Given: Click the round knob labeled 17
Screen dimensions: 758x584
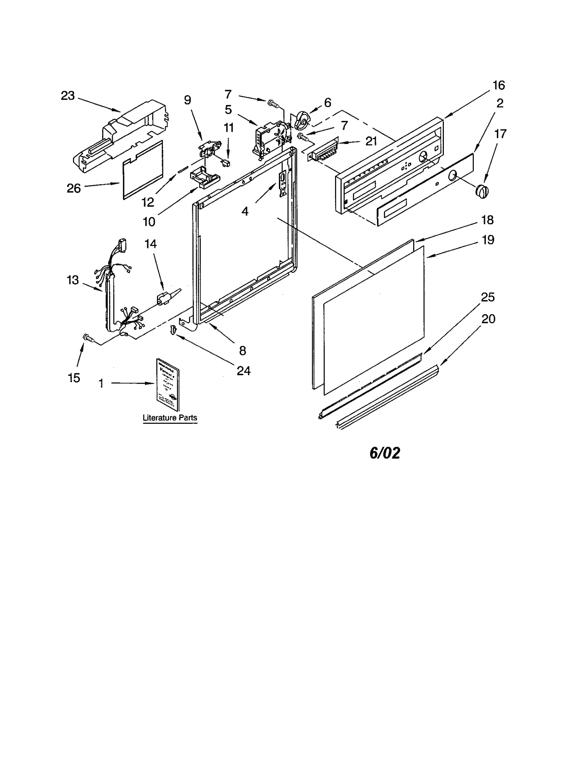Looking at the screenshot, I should click(482, 191).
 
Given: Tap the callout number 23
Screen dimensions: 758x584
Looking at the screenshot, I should click(68, 96).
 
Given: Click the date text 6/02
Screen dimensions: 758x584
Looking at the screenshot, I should click(385, 453).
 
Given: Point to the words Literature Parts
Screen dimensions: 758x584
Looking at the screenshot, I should click(170, 418).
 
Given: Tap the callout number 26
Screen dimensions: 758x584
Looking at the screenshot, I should click(73, 188).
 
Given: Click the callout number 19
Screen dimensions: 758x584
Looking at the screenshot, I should click(488, 240).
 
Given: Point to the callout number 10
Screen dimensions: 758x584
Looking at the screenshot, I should click(149, 222).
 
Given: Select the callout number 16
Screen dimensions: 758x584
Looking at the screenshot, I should click(499, 85).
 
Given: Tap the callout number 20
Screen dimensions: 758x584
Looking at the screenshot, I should click(488, 319).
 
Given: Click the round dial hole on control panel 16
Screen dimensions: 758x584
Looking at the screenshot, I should click(423, 157).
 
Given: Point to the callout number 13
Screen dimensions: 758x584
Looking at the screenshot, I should click(73, 280).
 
